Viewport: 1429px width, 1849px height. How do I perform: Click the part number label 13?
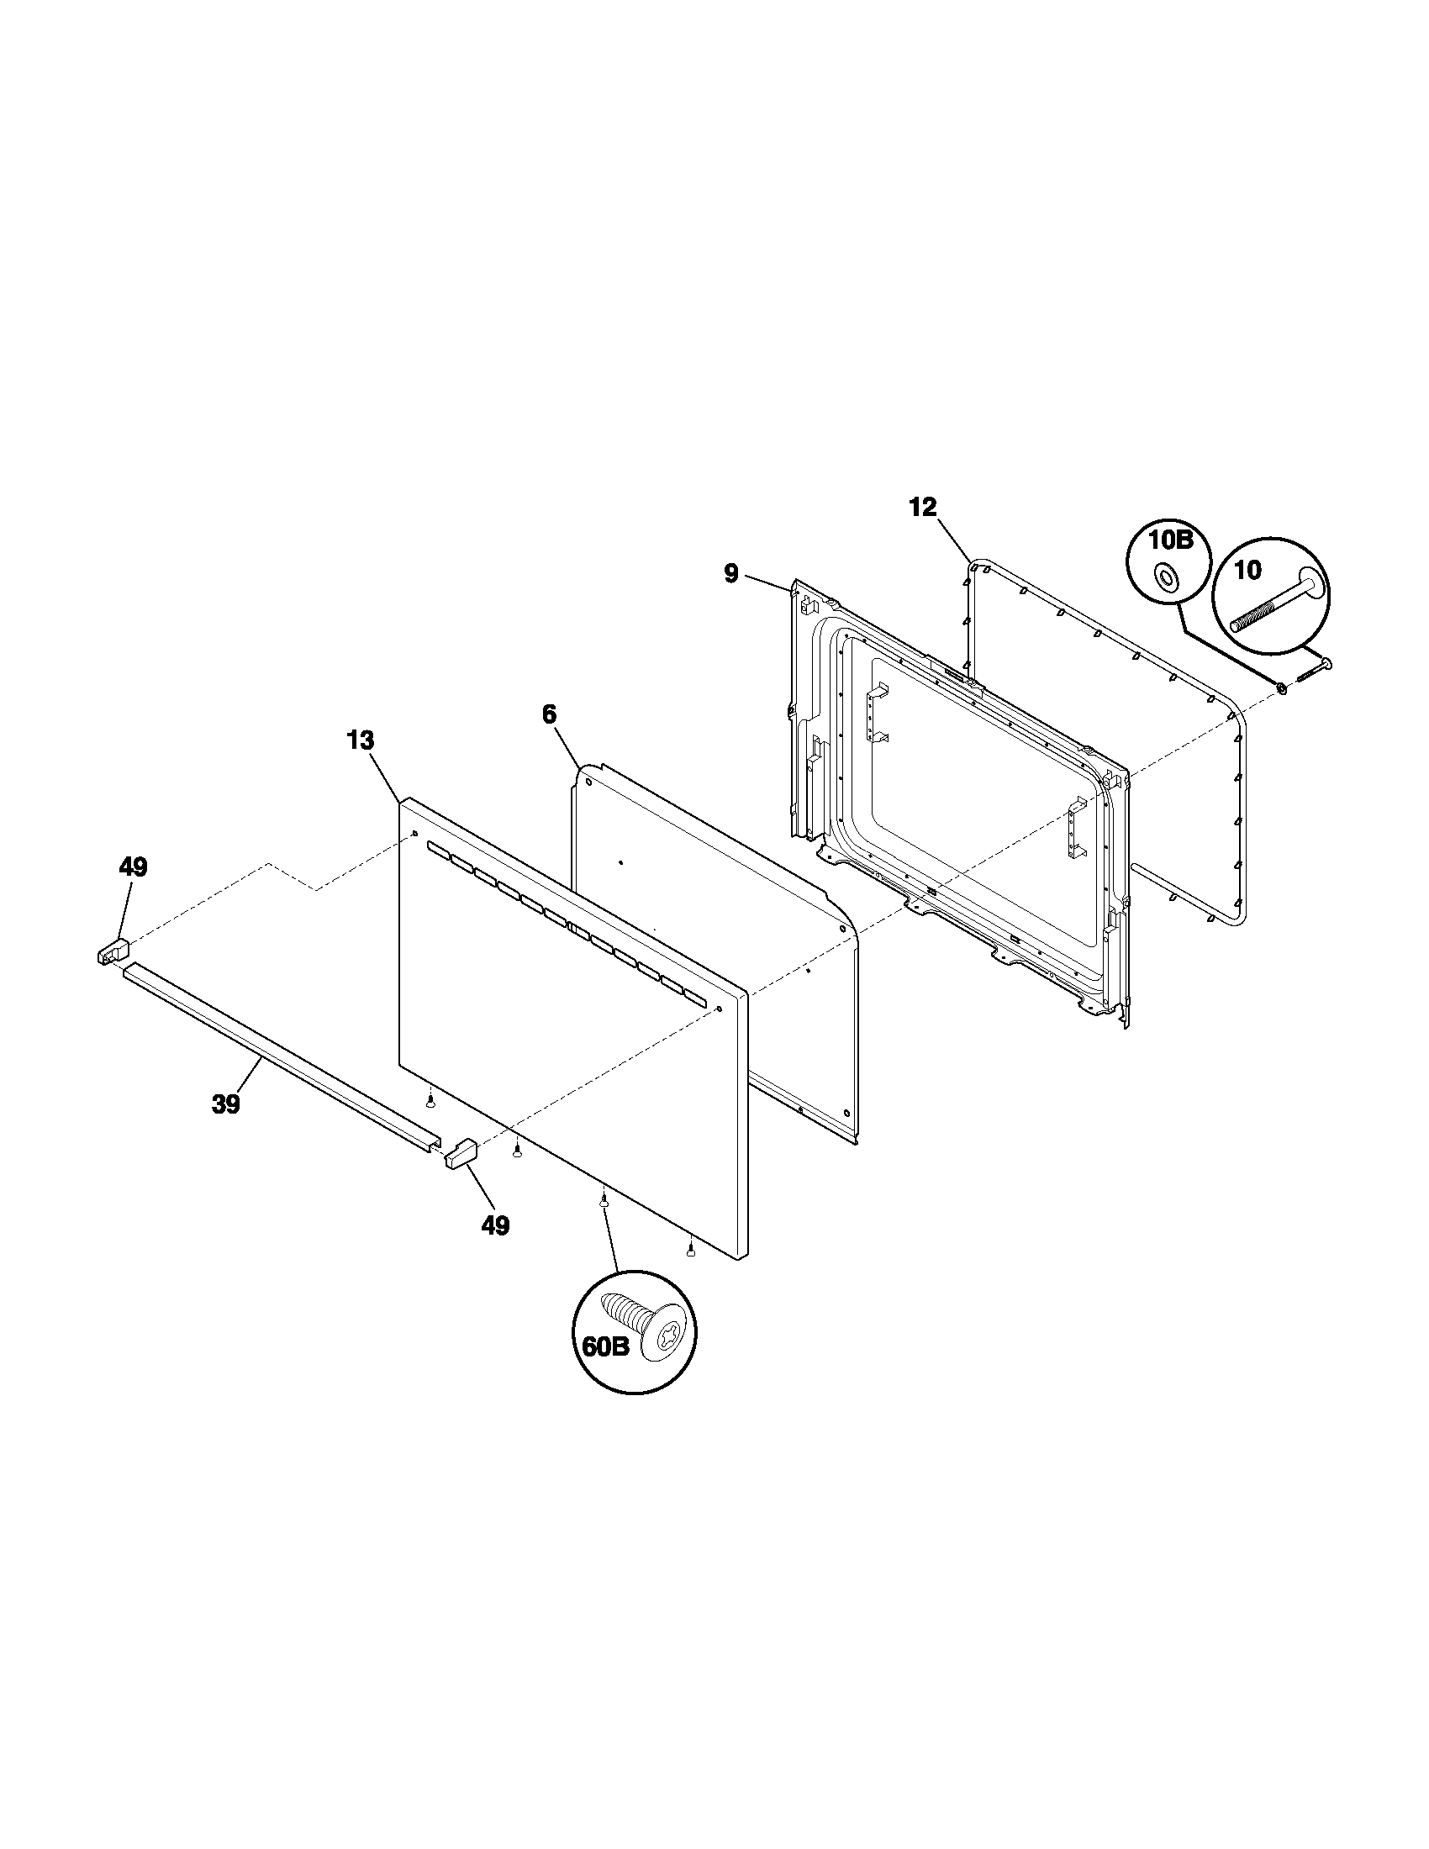coord(360,740)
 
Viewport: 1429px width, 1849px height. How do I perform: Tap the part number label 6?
coord(550,714)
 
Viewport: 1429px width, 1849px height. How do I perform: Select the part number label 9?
coord(731,574)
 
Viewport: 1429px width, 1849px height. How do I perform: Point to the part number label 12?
coord(924,507)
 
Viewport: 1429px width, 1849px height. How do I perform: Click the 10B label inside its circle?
coord(1170,540)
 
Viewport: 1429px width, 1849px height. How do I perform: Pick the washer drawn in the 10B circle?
coord(1168,577)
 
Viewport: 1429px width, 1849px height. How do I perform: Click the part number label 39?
coord(227,1105)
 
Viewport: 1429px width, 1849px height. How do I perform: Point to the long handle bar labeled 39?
coord(279,1058)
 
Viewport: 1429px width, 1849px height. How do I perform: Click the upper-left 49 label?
coord(133,867)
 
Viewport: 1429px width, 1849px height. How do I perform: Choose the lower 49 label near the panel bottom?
coord(496,1225)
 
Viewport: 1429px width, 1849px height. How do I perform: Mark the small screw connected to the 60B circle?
coord(604,1198)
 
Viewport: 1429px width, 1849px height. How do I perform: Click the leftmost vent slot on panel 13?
coord(438,848)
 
